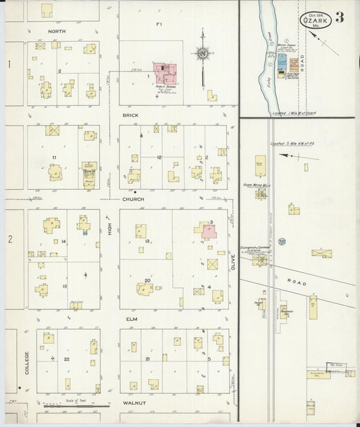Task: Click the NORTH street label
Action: pyautogui.click(x=57, y=31)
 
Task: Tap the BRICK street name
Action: pyautogui.click(x=130, y=116)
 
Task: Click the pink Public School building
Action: pyautogui.click(x=165, y=72)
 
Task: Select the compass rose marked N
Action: pyautogui.click(x=202, y=53)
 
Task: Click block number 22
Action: pyautogui.click(x=67, y=359)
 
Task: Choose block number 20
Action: pyautogui.click(x=147, y=279)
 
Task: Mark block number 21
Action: pyautogui.click(x=147, y=359)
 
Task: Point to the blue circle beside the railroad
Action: pyautogui.click(x=282, y=241)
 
